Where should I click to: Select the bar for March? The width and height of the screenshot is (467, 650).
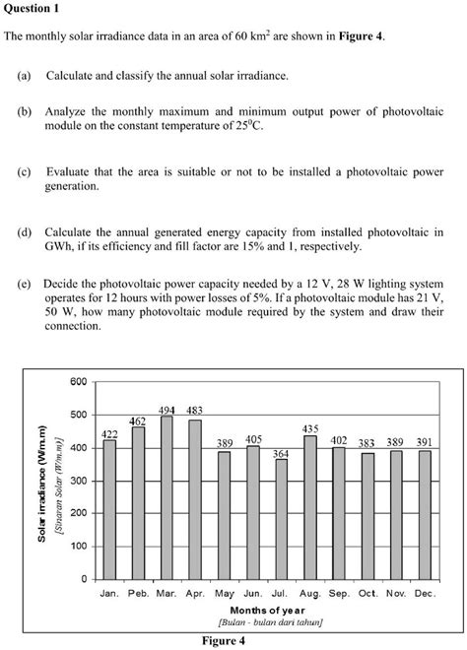coord(167,496)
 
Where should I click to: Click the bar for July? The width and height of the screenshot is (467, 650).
coord(281,518)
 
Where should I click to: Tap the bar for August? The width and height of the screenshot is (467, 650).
coord(310,506)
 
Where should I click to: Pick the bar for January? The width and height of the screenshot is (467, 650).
coord(109,508)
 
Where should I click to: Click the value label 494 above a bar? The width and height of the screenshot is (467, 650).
coord(167,410)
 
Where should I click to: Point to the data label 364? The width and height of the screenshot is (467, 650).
coord(281,453)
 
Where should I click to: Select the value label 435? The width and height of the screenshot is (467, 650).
coord(310,428)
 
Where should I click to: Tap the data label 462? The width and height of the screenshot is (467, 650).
coord(138,421)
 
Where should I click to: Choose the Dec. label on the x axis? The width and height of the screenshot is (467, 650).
coord(425,595)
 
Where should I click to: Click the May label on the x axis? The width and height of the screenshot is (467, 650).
coord(224,595)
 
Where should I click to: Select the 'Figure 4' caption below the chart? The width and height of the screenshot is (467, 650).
coord(224,640)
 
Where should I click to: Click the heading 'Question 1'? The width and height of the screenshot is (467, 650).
coord(33,9)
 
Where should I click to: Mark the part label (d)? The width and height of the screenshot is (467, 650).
coord(24,231)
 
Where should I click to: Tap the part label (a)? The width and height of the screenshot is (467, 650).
coord(24,76)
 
